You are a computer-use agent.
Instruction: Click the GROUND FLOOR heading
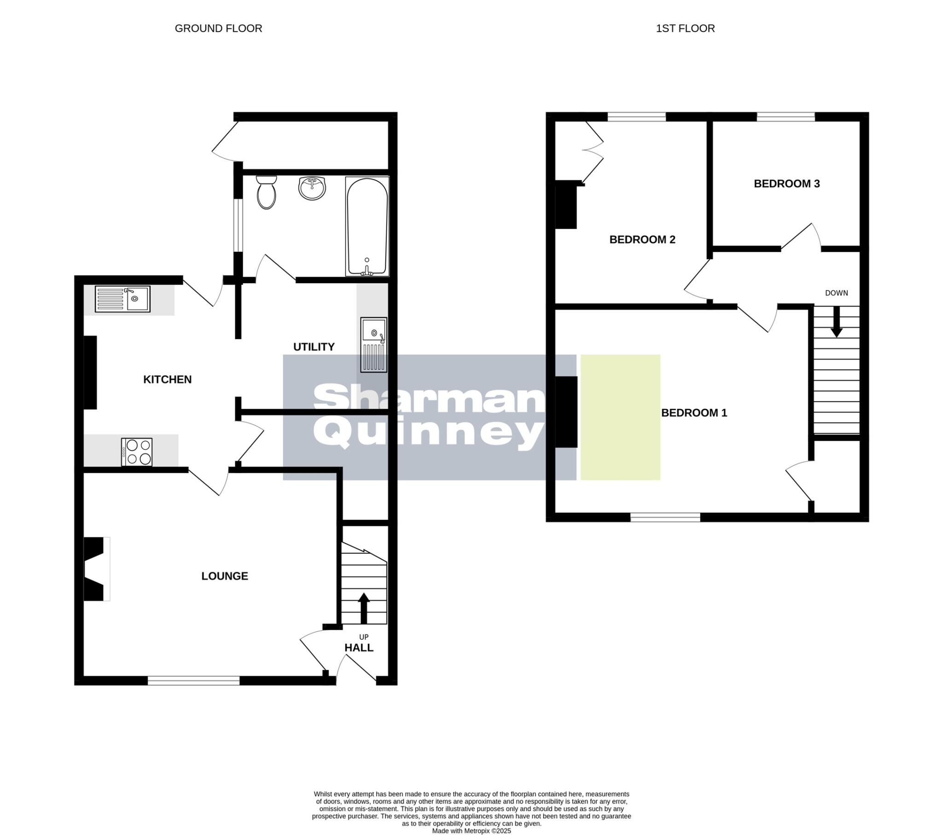(218, 29)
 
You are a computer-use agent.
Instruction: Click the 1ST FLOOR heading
(685, 29)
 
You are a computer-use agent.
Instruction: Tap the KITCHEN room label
(167, 380)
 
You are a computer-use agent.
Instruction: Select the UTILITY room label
(314, 347)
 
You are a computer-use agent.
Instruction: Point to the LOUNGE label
(225, 576)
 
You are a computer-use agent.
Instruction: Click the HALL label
(359, 648)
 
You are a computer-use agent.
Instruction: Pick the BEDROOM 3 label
(786, 184)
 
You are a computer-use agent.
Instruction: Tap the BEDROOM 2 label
(642, 240)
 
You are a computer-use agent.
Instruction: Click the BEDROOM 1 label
(694, 413)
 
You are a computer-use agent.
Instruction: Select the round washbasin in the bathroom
(312, 188)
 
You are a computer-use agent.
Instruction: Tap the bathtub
(367, 226)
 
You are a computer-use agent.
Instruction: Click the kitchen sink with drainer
(122, 299)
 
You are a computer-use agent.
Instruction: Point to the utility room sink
(374, 345)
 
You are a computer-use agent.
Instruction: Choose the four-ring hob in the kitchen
(137, 452)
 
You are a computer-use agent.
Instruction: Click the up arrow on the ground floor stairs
(364, 608)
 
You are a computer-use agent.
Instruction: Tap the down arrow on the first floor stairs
(837, 322)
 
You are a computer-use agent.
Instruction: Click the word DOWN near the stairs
(837, 293)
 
